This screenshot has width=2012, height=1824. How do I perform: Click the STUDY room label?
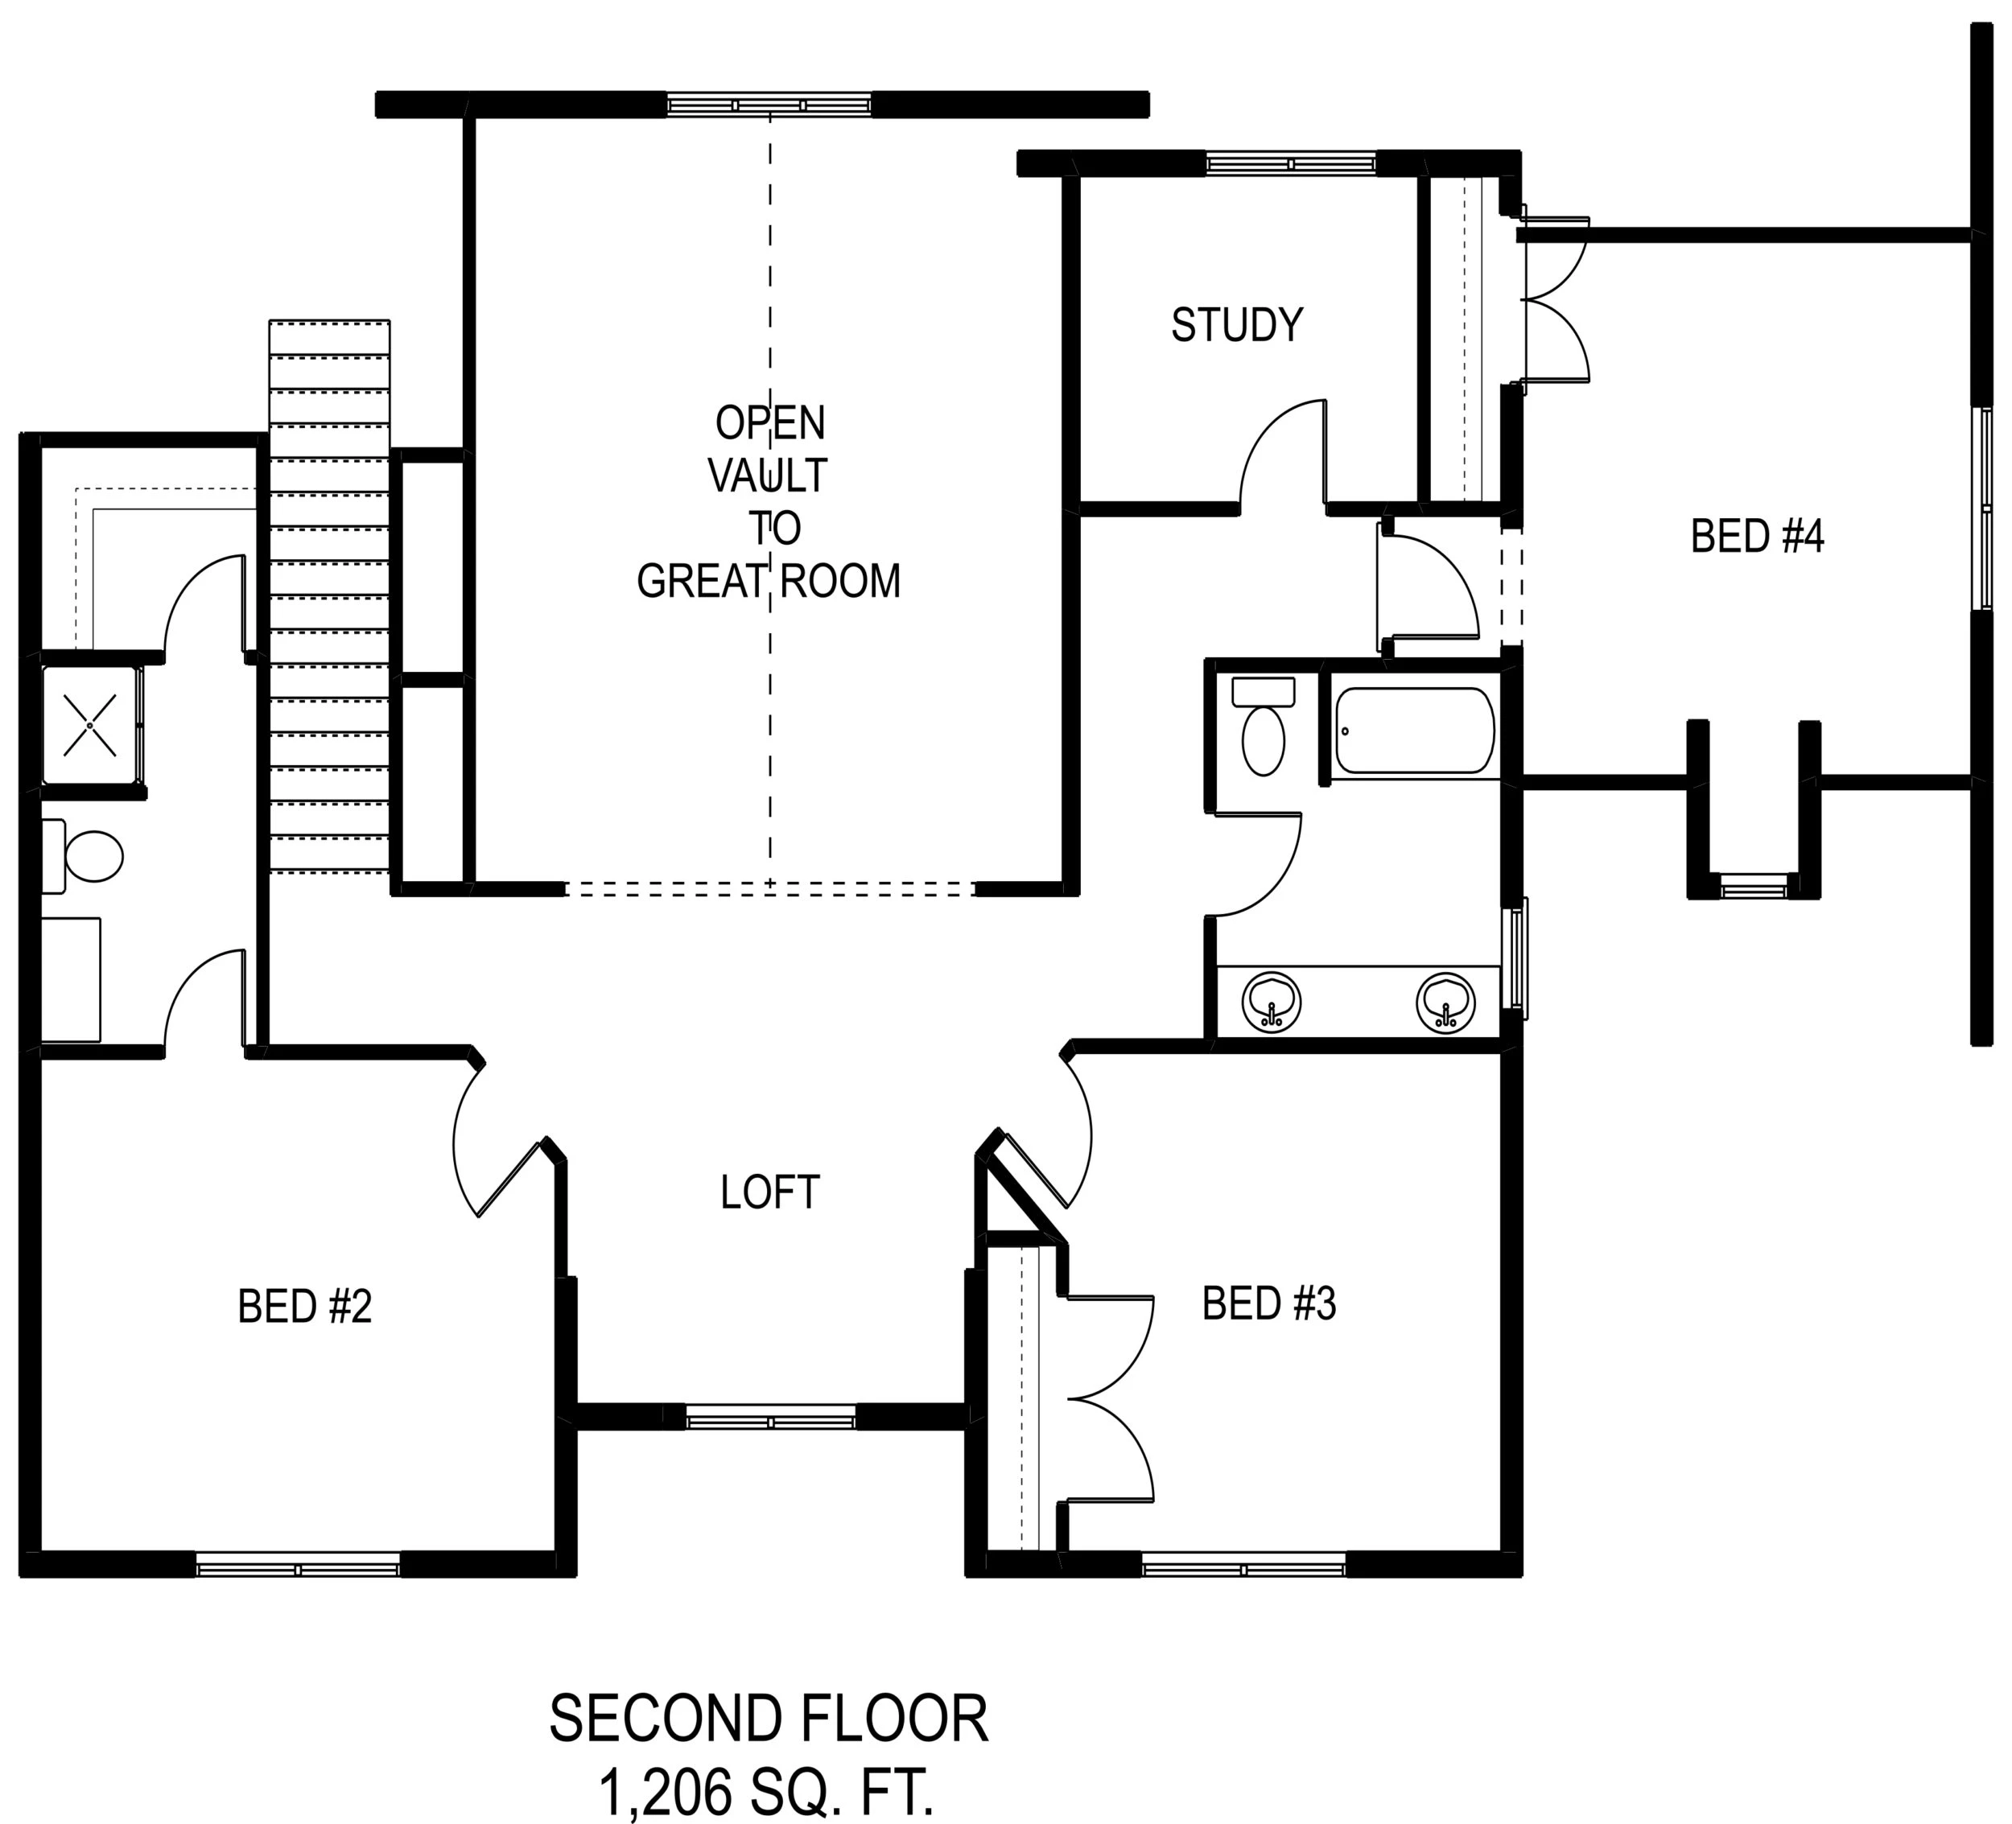tap(1236, 325)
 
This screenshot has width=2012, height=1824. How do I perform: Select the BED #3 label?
tap(1268, 1303)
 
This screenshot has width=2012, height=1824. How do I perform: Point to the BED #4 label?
tap(1758, 536)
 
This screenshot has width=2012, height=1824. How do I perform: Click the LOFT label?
tap(769, 1192)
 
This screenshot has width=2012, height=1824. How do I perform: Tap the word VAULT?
tap(769, 476)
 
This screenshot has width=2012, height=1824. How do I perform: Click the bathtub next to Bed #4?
tap(1414, 730)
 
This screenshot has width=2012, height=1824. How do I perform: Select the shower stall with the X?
tap(91, 724)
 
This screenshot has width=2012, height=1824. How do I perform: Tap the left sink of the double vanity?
tap(1271, 1003)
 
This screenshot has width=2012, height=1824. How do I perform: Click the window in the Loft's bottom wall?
tap(770, 1417)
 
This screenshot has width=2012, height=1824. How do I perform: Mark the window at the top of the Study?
tap(1290, 163)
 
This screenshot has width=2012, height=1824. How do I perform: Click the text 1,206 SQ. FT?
tap(768, 1792)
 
